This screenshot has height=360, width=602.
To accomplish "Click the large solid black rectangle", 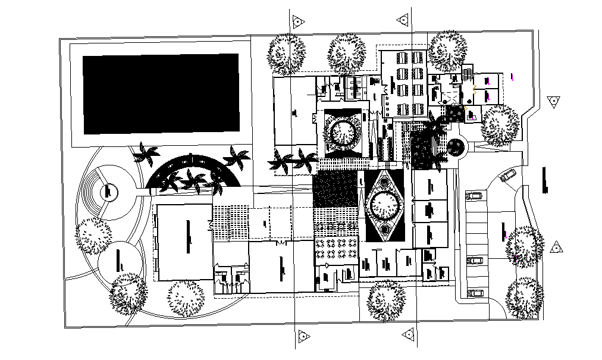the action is (x=161, y=94).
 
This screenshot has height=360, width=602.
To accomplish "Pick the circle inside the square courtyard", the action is (x=343, y=133).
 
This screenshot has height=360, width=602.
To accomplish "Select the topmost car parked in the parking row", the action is (x=475, y=195).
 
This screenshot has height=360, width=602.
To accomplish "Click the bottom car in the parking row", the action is (x=475, y=293).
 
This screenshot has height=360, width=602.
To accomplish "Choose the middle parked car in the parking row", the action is (x=475, y=260).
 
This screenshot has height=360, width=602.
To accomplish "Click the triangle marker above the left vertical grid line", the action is (x=297, y=22).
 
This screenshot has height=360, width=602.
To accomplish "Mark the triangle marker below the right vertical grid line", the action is (x=408, y=335).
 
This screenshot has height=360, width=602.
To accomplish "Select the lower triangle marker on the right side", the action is (x=556, y=248).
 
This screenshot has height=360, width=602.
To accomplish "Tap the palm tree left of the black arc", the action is (x=145, y=154).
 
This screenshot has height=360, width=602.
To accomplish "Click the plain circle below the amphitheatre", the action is (x=120, y=262).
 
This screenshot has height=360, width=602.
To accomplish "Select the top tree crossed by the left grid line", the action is (x=287, y=54).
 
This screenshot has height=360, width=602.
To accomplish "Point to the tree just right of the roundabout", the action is (x=500, y=126).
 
